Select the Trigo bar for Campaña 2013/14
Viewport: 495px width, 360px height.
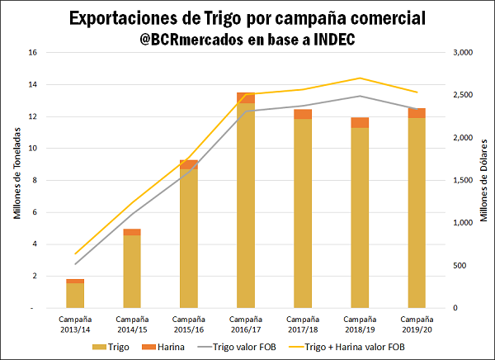pos(75,296)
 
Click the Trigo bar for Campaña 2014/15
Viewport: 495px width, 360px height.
pos(132,272)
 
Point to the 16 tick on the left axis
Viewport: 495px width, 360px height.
pos(33,53)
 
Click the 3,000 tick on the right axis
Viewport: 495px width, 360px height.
pos(464,53)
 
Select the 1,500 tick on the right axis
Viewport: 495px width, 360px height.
pos(464,180)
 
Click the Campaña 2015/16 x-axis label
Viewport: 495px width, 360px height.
pos(189,323)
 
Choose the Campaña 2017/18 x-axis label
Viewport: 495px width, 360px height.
pos(302,323)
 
